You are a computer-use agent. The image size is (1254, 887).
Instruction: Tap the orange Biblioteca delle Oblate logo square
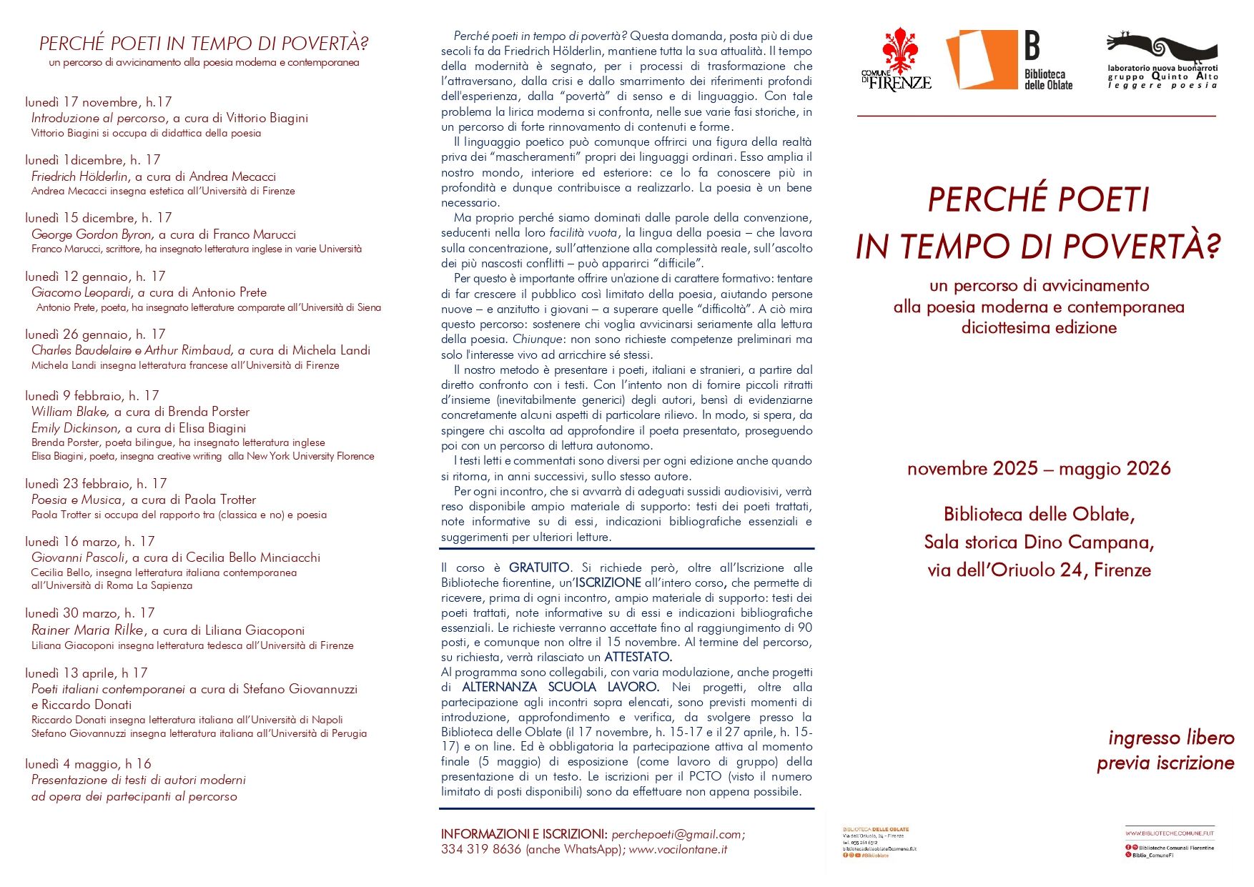(x=981, y=60)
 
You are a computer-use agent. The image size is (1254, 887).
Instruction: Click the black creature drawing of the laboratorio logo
(x=1162, y=48)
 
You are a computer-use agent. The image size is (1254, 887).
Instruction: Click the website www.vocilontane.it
(x=678, y=849)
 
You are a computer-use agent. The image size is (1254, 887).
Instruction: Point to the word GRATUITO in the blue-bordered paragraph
(x=539, y=568)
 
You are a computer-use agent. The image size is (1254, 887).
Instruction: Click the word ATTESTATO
(x=638, y=657)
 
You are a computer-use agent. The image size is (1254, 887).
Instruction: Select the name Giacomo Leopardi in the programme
(x=82, y=292)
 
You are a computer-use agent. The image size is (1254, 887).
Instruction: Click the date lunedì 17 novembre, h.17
(x=98, y=102)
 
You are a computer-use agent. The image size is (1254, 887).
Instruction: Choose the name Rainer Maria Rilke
(x=88, y=630)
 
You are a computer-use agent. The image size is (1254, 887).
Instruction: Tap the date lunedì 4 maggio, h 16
(x=88, y=764)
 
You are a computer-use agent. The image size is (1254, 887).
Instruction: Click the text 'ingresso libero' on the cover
(x=1171, y=738)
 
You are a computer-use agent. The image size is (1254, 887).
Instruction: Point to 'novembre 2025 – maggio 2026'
(x=1038, y=469)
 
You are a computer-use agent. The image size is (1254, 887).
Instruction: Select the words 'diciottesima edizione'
(x=1038, y=328)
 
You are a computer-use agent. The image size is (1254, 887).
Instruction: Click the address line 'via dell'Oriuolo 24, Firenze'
(x=1038, y=570)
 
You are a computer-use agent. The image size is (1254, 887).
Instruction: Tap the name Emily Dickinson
(x=75, y=428)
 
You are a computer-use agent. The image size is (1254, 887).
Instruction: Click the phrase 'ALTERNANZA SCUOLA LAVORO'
(x=561, y=687)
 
